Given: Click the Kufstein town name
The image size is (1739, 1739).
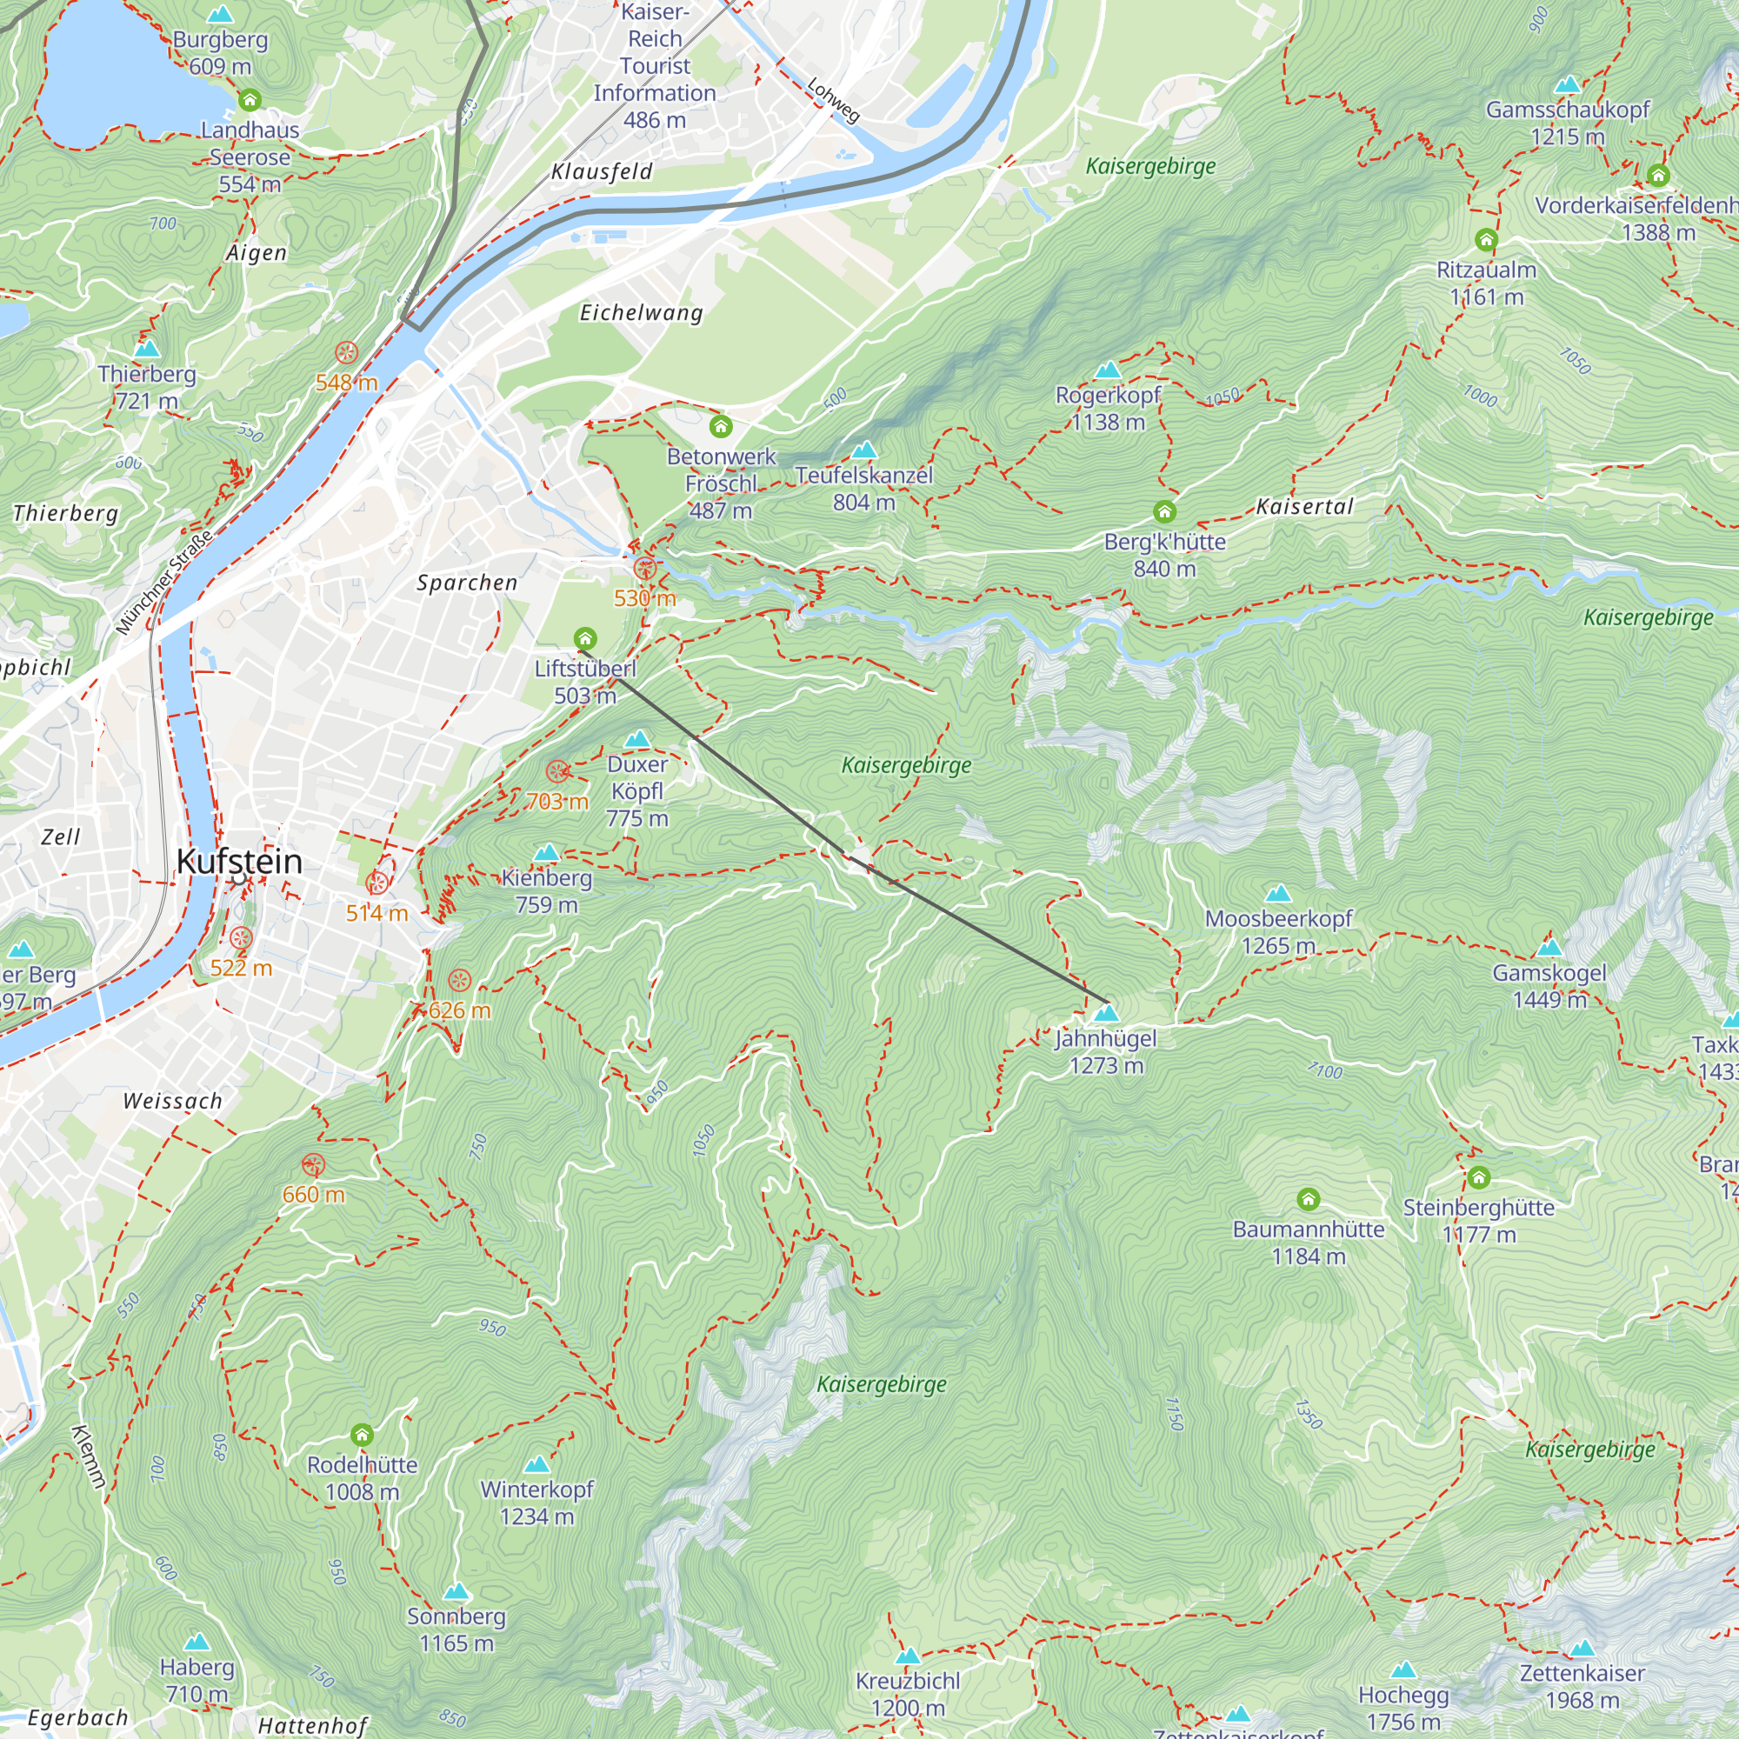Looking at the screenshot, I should [x=239, y=862].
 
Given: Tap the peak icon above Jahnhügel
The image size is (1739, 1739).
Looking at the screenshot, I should [x=1106, y=1014].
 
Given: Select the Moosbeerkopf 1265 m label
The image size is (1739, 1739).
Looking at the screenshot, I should [x=1278, y=931].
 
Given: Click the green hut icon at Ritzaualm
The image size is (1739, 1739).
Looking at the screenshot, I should [x=1486, y=240].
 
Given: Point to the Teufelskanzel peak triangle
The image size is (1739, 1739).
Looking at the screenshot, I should [x=864, y=450].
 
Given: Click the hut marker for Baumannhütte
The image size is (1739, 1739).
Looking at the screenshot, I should [x=1308, y=1199].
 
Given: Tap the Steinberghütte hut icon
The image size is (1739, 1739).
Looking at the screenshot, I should [x=1479, y=1177].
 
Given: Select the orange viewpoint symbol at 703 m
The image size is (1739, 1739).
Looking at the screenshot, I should [x=558, y=771].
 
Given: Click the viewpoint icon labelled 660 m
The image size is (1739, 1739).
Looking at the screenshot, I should [x=312, y=1165].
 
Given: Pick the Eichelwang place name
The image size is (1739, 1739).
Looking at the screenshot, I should [x=641, y=313].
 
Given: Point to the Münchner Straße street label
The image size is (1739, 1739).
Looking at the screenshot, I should [x=164, y=583].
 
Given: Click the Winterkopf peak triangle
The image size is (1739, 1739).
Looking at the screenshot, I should [x=536, y=1464].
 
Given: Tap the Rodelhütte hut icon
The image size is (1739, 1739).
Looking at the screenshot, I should [x=362, y=1434].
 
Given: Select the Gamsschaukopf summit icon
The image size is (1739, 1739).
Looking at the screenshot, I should [x=1567, y=84].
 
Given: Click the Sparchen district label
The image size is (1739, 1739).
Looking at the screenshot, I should [x=467, y=583].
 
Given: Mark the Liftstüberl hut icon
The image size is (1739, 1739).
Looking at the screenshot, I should [x=585, y=639].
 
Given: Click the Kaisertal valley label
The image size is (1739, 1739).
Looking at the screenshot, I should [x=1304, y=507].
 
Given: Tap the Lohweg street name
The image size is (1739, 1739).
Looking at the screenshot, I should [x=834, y=99].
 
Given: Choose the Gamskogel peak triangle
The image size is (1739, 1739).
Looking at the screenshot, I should [x=1549, y=948].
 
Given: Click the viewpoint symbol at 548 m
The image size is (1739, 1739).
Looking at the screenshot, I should [x=347, y=353].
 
